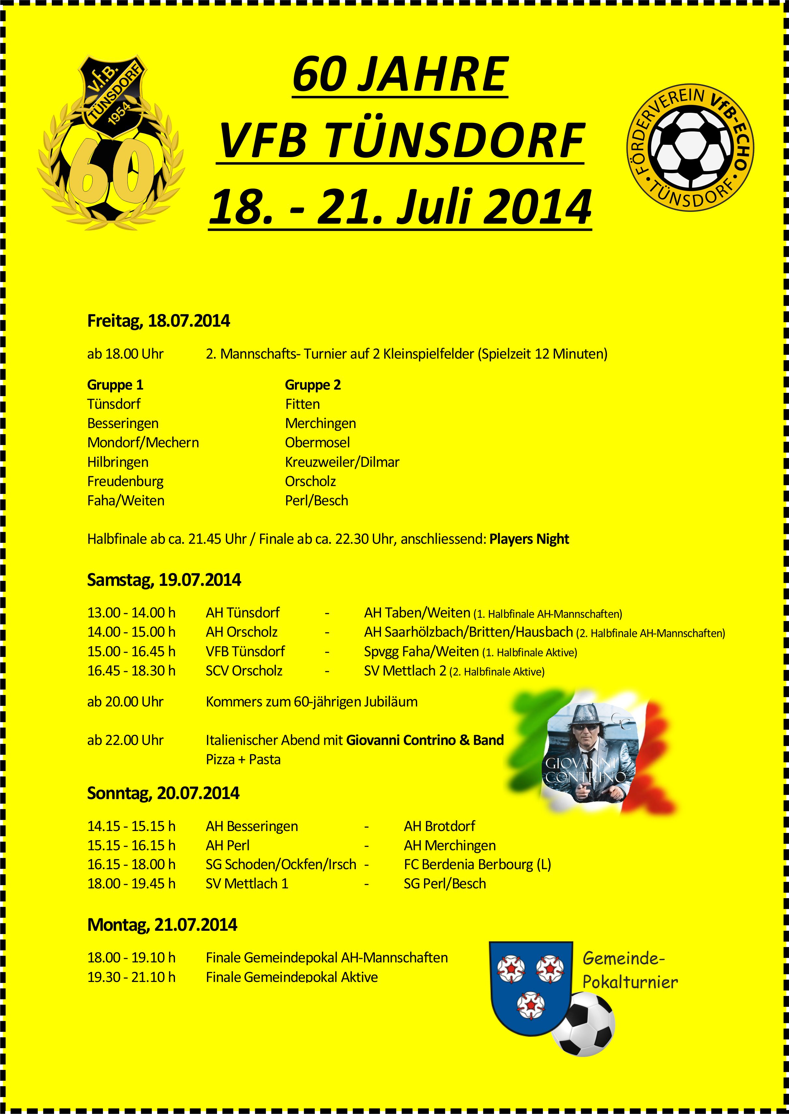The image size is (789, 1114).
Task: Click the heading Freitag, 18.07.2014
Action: point(158,321)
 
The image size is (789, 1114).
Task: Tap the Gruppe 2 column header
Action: point(313,385)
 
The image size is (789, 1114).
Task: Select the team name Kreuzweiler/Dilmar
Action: point(342,462)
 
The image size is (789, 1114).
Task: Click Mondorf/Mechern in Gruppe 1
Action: point(143,443)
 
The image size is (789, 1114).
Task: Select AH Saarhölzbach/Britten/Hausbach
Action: point(468,632)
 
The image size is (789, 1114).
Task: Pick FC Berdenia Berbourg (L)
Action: point(477,865)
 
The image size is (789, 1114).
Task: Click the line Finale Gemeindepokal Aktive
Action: point(291,977)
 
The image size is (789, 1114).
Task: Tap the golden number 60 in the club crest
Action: point(111,170)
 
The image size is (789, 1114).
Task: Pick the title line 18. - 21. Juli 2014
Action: point(400,208)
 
